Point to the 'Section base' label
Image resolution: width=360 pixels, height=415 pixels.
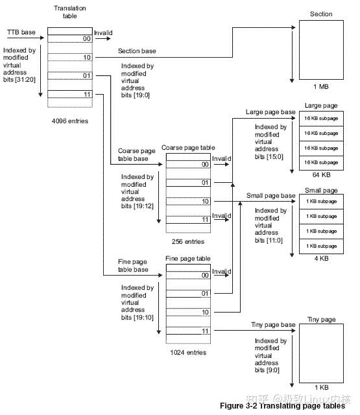point(136,51)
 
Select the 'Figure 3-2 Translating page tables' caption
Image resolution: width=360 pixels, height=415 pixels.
point(283,407)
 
